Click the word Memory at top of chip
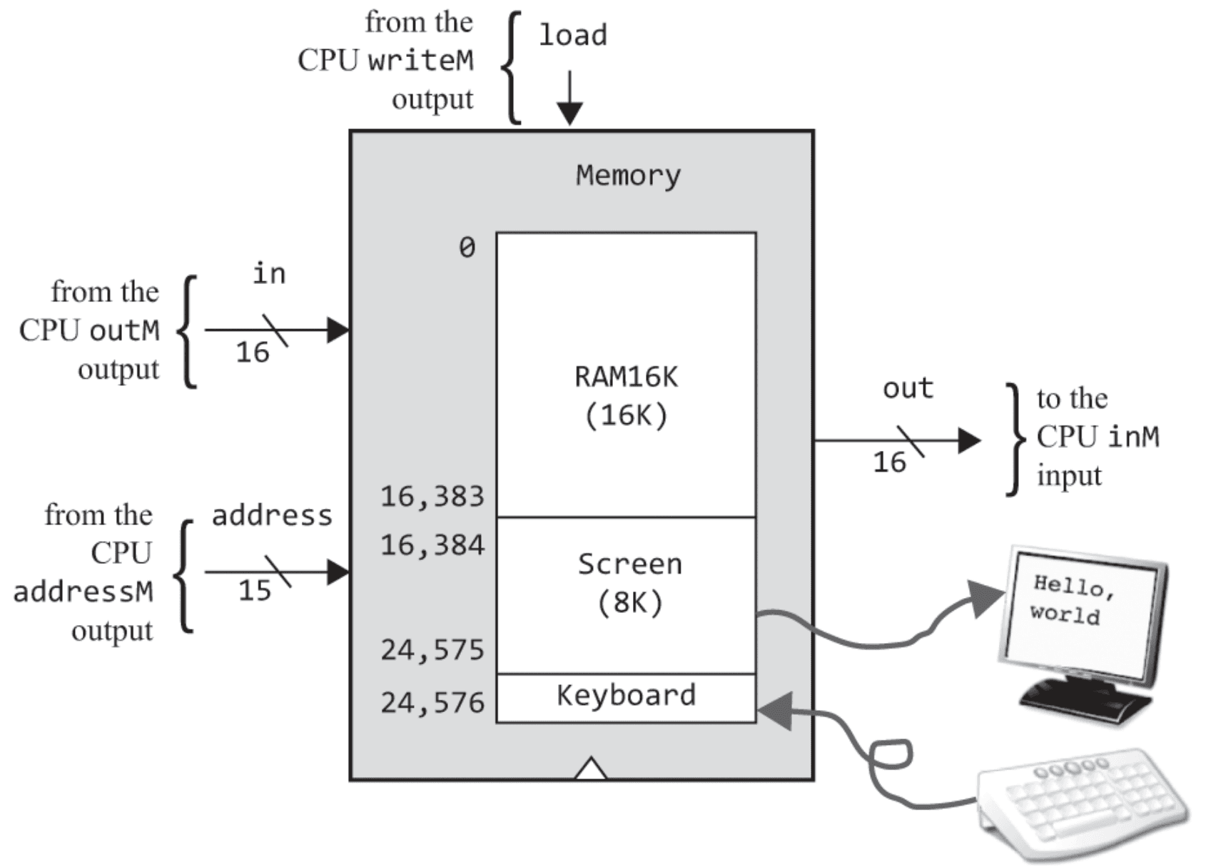[628, 176]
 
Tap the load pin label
[572, 35]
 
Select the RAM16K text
[627, 377]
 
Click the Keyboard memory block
[626, 697]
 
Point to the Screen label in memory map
[629, 564]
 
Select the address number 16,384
[432, 546]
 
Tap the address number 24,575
[432, 650]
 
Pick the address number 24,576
[432, 703]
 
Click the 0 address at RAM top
[467, 248]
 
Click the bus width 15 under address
[254, 591]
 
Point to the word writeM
[420, 61]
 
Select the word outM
[124, 330]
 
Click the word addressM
[83, 592]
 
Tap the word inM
[1133, 437]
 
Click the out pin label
[908, 389]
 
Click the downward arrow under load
[569, 99]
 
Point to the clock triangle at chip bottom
[591, 769]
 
